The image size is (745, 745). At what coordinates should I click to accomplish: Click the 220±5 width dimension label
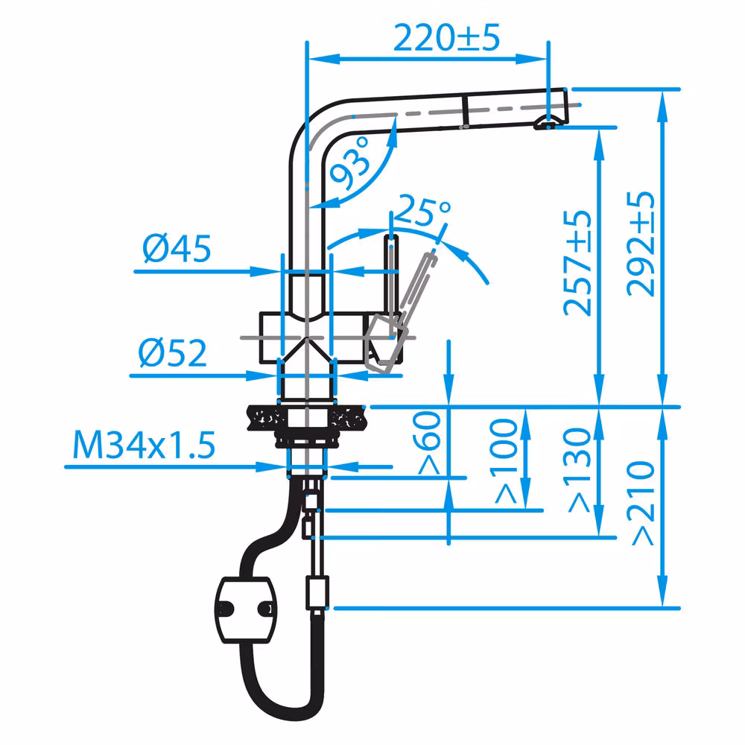click(x=446, y=37)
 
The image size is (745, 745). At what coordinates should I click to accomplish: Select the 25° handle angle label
click(x=422, y=212)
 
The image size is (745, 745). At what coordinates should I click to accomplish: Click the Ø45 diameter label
click(x=177, y=250)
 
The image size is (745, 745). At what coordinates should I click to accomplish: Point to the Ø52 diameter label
click(x=173, y=354)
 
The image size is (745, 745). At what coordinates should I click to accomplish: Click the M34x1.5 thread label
click(x=144, y=446)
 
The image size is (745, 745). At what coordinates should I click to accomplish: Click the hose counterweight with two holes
click(x=244, y=609)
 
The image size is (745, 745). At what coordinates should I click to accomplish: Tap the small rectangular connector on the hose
click(x=317, y=593)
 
